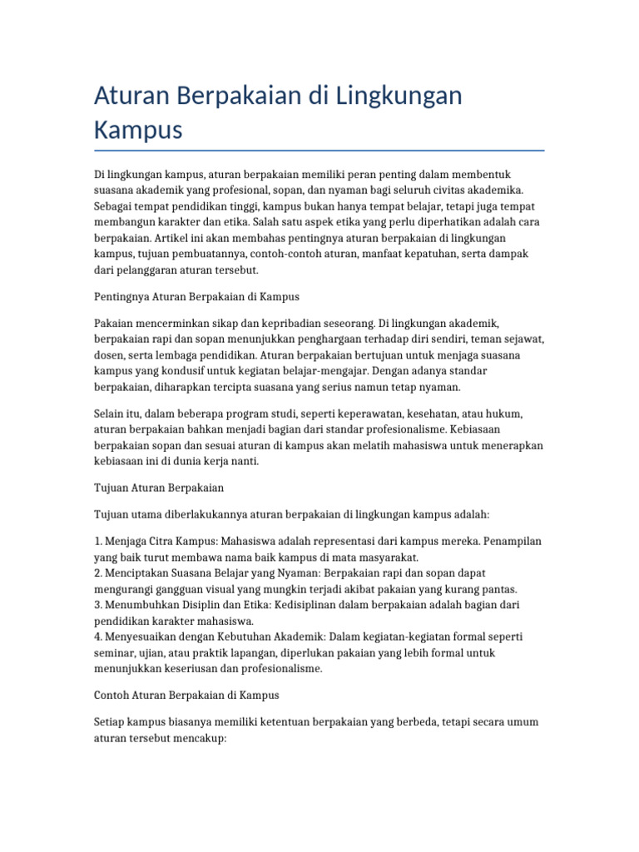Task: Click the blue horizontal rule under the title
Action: (x=319, y=151)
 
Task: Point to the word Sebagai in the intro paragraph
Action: (x=116, y=206)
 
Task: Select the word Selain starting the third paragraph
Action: (x=111, y=414)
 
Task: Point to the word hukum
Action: (x=526, y=414)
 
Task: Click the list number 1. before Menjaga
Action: (x=99, y=542)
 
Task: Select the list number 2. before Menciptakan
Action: (x=99, y=574)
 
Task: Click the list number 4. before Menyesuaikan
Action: (x=99, y=637)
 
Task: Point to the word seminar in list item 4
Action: (x=116, y=652)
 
